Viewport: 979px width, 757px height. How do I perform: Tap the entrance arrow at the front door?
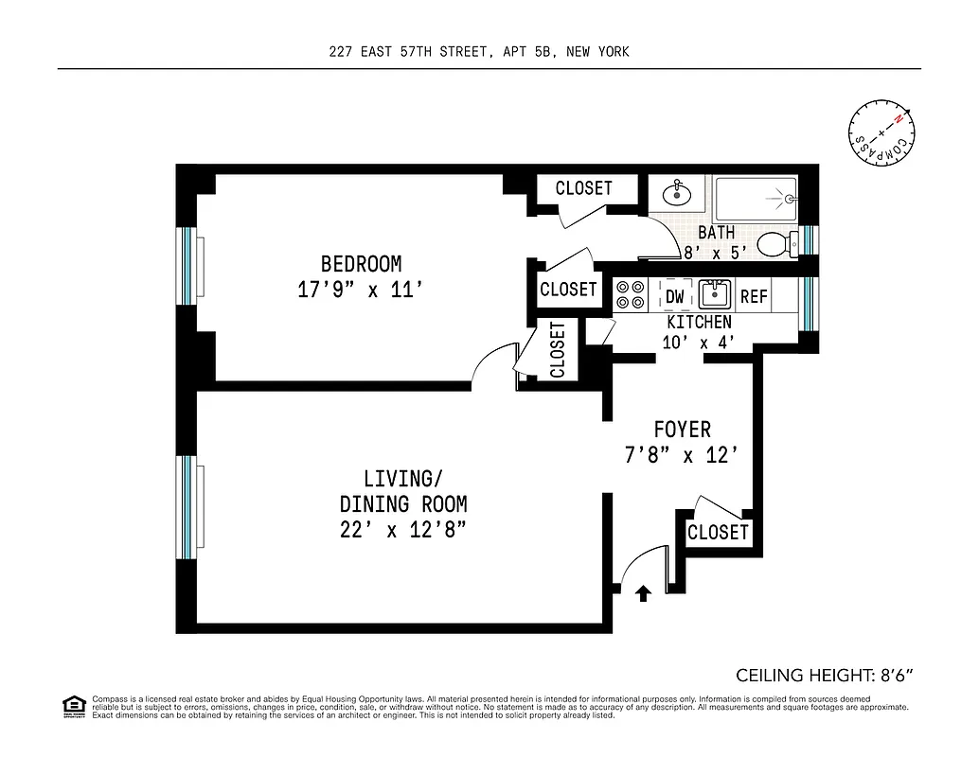[643, 593]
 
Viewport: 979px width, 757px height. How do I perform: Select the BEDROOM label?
[360, 264]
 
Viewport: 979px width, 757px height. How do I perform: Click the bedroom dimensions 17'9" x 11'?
[360, 290]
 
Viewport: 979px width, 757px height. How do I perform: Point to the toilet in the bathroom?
[778, 243]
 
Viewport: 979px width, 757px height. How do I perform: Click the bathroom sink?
[677, 196]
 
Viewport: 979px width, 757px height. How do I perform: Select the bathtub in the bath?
[755, 200]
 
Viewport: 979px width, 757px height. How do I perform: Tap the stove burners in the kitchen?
[631, 295]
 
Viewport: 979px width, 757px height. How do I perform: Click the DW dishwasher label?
[675, 296]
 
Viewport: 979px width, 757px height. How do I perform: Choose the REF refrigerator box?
[754, 296]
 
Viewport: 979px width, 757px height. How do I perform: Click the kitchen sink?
[715, 295]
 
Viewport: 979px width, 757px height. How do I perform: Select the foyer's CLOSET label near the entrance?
[718, 532]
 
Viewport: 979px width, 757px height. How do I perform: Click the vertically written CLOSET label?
[557, 349]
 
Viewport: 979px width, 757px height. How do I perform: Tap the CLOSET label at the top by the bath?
[583, 188]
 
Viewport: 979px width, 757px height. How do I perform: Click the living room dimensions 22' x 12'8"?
[402, 530]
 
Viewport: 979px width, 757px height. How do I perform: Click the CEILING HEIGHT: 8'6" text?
[824, 676]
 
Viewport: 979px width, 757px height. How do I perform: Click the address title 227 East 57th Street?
[478, 52]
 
